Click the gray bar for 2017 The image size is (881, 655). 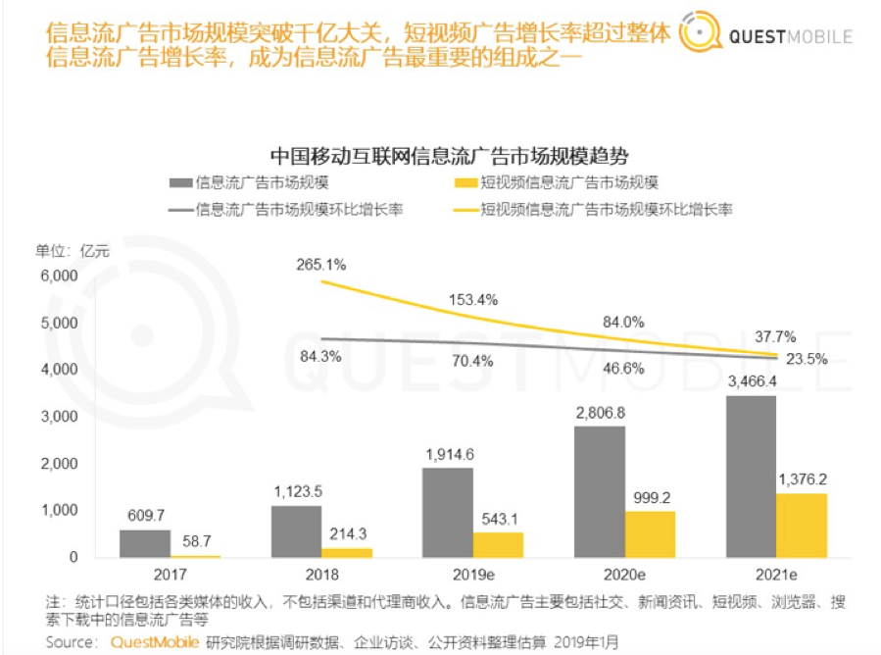(144, 543)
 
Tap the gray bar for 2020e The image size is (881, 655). (601, 491)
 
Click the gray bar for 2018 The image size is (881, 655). (296, 530)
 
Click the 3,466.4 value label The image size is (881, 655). (752, 381)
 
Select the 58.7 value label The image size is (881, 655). (195, 540)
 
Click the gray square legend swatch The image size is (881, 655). (179, 182)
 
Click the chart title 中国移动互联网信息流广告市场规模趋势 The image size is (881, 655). (448, 155)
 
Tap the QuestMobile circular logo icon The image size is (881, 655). (700, 35)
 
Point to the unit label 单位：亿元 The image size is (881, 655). (75, 249)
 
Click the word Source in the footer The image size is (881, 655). (71, 642)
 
